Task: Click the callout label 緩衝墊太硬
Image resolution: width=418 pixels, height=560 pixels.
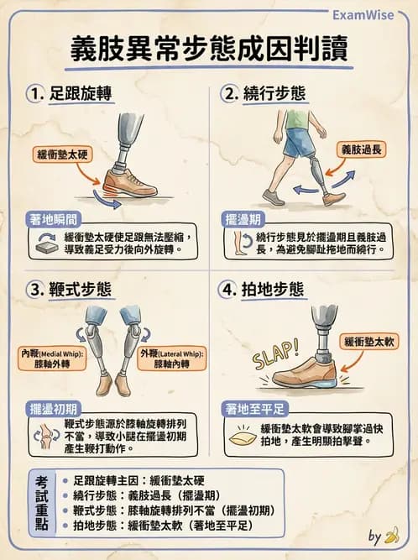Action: [x=64, y=156]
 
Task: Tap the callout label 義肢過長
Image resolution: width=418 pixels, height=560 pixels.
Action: [x=363, y=149]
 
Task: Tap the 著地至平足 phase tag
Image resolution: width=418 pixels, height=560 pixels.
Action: [x=258, y=409]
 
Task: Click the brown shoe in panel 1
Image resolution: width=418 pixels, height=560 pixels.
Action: [x=128, y=181]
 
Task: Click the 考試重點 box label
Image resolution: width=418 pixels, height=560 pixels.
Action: [x=42, y=502]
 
